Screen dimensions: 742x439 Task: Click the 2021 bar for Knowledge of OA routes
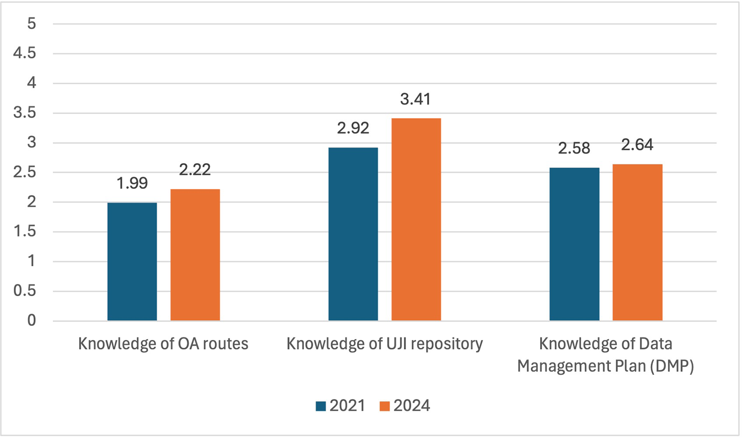pos(132,261)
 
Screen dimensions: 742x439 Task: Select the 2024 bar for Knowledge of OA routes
pos(195,255)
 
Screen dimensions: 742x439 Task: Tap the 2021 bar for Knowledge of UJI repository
pos(353,234)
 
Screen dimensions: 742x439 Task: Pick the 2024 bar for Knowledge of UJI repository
pos(416,219)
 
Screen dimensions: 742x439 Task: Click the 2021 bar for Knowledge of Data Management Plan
pos(574,244)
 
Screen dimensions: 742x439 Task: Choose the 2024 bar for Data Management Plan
pos(637,242)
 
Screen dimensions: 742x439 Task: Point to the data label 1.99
pos(132,183)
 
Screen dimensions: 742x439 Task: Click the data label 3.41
pos(415,99)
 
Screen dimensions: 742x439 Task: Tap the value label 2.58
pos(574,148)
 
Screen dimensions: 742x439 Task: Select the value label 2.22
pos(195,170)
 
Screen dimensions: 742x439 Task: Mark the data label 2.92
pos(353,128)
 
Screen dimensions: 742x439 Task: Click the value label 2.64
pos(637,145)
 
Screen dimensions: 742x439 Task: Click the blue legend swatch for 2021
pos(321,406)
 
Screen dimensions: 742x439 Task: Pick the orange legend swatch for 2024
pos(385,406)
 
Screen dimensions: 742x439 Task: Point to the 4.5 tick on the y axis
pos(25,53)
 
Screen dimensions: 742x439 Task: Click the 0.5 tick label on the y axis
pos(25,290)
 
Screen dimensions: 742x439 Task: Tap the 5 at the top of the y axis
pos(32,24)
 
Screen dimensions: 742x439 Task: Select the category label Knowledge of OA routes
pos(163,344)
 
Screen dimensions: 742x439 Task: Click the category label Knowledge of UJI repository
pos(385,344)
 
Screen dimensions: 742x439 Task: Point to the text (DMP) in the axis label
pos(672,366)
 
